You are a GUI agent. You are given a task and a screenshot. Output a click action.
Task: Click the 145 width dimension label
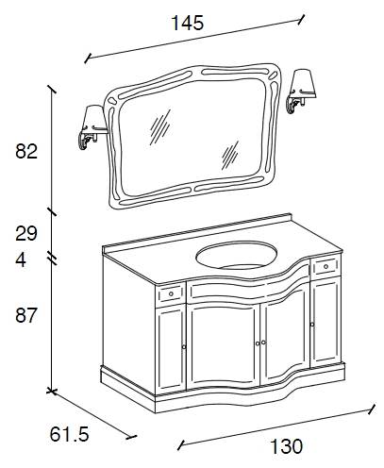pyautogui.click(x=188, y=23)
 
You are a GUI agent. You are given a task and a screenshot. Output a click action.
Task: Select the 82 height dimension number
pyautogui.click(x=26, y=151)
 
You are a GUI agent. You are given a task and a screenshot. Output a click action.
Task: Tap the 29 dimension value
pyautogui.click(x=26, y=233)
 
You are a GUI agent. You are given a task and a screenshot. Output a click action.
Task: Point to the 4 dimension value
pyautogui.click(x=21, y=260)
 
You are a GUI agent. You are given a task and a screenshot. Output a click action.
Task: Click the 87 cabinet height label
pyautogui.click(x=26, y=315)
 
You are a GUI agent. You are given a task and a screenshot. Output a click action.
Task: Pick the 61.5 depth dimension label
pyautogui.click(x=70, y=434)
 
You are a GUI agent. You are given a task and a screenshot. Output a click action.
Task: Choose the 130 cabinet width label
pyautogui.click(x=286, y=446)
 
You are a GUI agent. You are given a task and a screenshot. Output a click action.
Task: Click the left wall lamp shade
pyautogui.click(x=94, y=118)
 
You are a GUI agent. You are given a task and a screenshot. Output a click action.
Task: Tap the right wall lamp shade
pyautogui.click(x=304, y=83)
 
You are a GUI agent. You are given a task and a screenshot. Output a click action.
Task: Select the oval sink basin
pyautogui.click(x=237, y=257)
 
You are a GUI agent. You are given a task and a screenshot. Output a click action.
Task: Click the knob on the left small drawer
pyautogui.click(x=171, y=293)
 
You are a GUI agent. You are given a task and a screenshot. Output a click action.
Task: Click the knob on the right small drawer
pyautogui.click(x=326, y=267)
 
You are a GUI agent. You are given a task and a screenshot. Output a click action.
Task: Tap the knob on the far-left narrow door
pyautogui.click(x=184, y=347)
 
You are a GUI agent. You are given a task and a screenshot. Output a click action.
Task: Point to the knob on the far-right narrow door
pyautogui.click(x=312, y=324)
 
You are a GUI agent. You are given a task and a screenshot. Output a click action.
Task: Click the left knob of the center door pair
pyautogui.click(x=258, y=343)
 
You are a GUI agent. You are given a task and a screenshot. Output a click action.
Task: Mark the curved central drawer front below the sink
pyautogui.click(x=248, y=285)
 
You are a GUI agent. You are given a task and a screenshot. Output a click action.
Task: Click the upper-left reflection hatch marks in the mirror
pyautogui.click(x=160, y=127)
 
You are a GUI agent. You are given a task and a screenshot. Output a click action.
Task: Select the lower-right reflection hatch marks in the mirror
pyautogui.click(x=229, y=156)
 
